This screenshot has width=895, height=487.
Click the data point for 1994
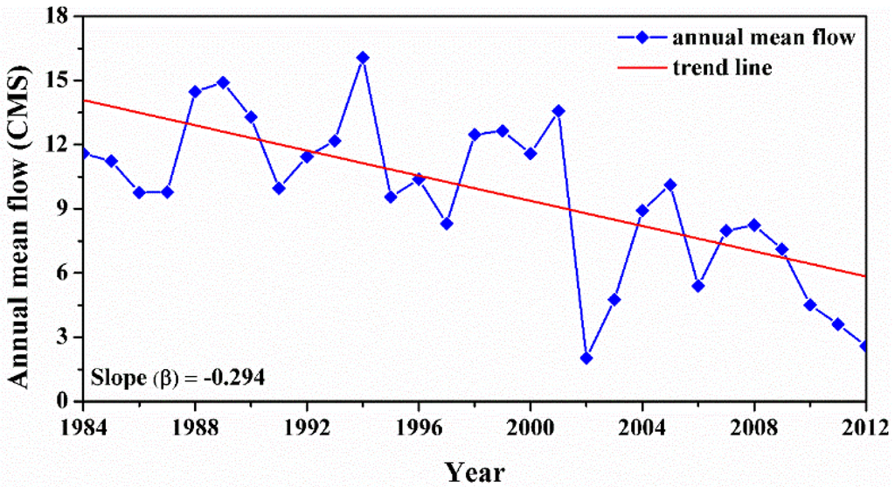[x=363, y=58]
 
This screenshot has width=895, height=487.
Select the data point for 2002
[x=586, y=358]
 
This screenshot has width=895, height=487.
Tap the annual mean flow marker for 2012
[x=865, y=346]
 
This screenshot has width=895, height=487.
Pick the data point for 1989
[x=223, y=82]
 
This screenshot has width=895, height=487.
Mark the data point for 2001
[x=559, y=111]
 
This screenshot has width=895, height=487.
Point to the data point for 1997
[x=447, y=224]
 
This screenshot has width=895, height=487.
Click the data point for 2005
[x=670, y=184]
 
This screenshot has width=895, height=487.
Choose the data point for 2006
[x=698, y=286]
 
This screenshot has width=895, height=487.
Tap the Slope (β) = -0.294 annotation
[x=178, y=377]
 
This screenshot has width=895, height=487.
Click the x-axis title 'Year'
[x=475, y=472]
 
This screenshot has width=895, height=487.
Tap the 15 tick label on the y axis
[x=60, y=80]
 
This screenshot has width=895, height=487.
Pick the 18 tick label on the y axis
[x=60, y=17]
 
